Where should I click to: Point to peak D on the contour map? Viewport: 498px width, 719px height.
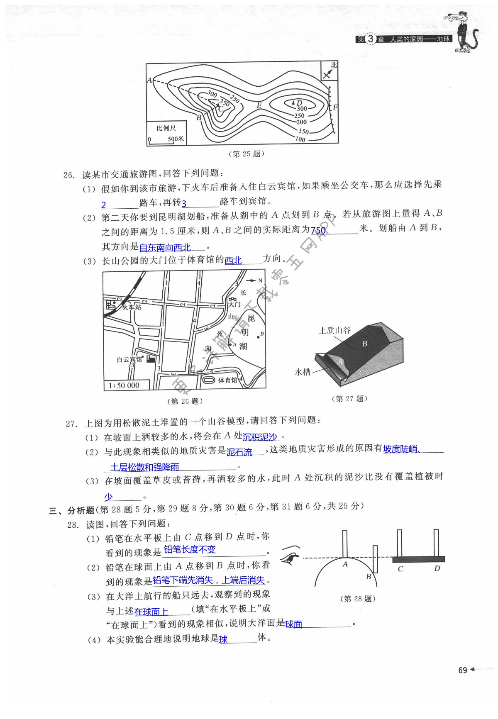click(298, 102)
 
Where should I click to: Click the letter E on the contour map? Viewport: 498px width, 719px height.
click(259, 105)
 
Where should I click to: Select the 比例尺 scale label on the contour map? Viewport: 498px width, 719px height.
click(166, 128)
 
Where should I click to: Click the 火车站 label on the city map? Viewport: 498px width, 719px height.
click(132, 307)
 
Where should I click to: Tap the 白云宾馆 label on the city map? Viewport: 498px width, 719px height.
click(129, 359)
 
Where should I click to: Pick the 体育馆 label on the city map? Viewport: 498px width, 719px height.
click(227, 380)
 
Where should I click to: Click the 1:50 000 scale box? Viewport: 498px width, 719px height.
click(124, 385)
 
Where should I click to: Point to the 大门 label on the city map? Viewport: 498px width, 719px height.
click(234, 304)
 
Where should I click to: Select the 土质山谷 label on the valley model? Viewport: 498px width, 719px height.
click(334, 330)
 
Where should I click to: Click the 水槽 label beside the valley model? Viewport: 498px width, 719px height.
click(303, 372)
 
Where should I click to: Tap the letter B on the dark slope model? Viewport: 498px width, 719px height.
click(365, 344)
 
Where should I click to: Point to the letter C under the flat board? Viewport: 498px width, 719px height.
click(400, 569)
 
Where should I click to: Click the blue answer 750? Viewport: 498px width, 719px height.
click(318, 230)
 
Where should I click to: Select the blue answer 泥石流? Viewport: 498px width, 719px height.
click(239, 452)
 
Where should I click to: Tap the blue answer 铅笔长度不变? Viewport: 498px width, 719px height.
click(190, 550)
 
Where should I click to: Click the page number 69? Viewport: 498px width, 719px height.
click(463, 670)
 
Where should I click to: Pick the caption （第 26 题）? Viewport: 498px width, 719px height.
click(185, 401)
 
